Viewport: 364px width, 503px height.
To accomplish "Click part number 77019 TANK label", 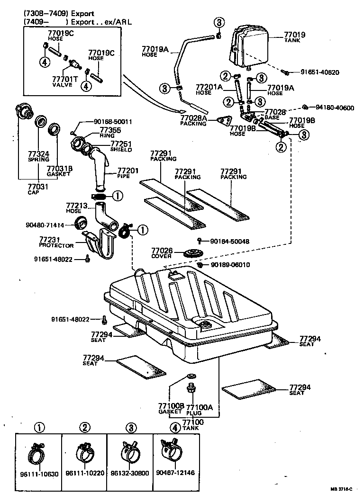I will coord(295,37).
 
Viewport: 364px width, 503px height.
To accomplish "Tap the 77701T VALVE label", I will coord(62,82).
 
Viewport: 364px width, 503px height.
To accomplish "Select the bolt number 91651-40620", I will coord(320,72).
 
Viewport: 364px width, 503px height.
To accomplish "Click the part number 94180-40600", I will coord(335,108).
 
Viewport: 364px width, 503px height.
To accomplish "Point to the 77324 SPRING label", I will coord(38,157).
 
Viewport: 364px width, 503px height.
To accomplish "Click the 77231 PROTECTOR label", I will coord(56,243).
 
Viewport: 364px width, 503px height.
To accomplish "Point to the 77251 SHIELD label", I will coord(121,146).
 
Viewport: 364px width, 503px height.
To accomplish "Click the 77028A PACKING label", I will coord(193,120).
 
